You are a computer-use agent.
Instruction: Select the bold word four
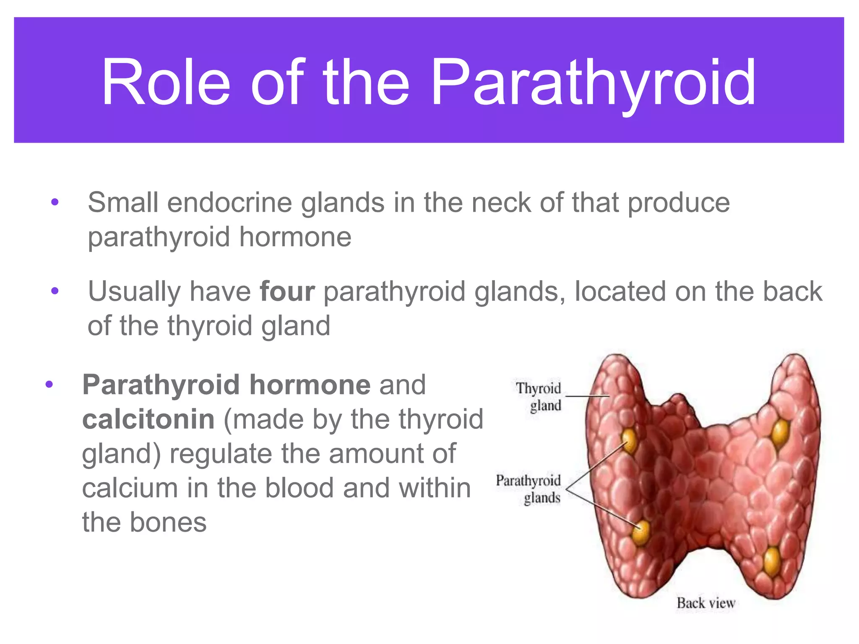[287, 291]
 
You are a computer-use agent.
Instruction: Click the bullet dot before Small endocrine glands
[55, 203]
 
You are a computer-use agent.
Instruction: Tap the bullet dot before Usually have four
[55, 291]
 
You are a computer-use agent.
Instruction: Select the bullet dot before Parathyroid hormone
[49, 384]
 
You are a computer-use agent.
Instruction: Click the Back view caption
[705, 603]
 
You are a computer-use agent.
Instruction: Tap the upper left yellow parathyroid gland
[630, 440]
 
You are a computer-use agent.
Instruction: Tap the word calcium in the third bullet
[130, 488]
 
